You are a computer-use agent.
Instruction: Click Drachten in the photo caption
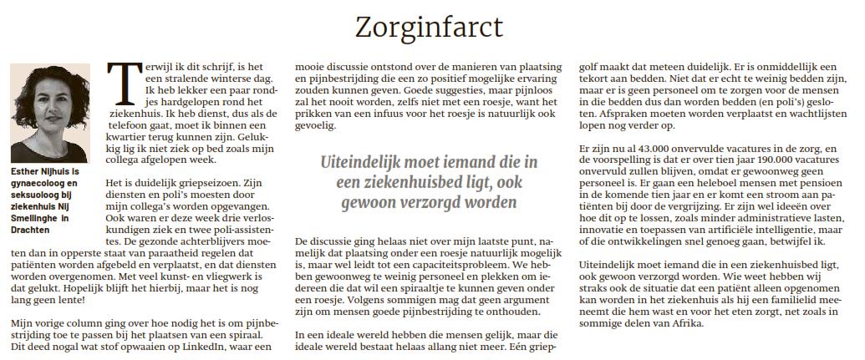30,229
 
